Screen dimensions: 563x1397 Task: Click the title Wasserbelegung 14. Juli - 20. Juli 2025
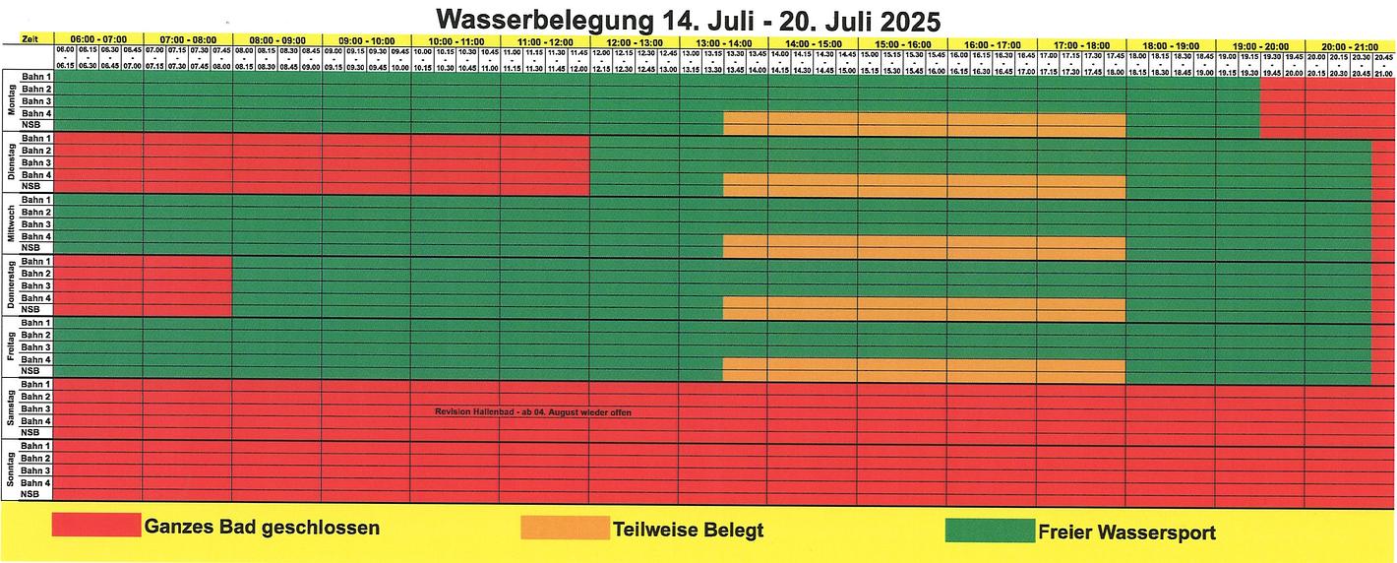point(688,19)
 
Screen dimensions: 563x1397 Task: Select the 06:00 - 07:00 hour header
point(98,40)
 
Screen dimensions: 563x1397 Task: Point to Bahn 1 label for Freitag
point(36,323)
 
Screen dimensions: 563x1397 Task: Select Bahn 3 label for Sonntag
point(36,470)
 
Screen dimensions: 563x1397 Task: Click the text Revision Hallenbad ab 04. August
point(532,412)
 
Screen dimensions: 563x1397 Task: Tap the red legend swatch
point(95,526)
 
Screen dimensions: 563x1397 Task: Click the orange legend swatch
point(564,528)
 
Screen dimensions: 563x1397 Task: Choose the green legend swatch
point(989,531)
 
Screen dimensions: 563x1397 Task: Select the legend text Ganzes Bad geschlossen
point(262,528)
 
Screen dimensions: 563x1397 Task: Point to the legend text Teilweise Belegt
point(688,531)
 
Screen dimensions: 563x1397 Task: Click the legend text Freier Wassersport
point(1126,532)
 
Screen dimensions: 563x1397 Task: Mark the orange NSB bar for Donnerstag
point(924,309)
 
